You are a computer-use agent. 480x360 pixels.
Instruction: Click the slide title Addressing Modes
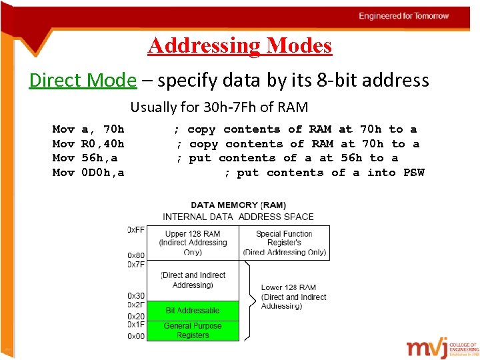point(239,45)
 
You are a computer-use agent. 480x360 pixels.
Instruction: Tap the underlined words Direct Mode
point(82,81)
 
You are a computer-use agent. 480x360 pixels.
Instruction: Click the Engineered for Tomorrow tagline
point(404,16)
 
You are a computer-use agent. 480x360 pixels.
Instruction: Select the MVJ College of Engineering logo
point(442,348)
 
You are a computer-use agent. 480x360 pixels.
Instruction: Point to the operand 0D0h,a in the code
point(103,173)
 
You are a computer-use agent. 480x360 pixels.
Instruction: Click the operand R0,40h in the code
point(103,144)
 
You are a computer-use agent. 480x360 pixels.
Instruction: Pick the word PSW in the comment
point(413,173)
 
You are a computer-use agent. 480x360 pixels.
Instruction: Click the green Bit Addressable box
point(192,311)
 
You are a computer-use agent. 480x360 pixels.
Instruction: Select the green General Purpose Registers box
point(192,331)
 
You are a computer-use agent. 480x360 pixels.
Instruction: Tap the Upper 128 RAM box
point(192,243)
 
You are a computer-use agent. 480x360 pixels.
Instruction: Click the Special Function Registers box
point(284,243)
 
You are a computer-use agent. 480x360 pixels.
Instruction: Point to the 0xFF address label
point(136,230)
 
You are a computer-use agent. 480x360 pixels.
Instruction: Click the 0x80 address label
point(136,255)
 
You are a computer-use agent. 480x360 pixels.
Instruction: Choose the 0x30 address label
point(136,295)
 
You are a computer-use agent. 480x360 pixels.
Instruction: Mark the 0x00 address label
point(136,336)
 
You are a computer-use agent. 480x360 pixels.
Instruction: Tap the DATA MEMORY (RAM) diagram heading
point(238,205)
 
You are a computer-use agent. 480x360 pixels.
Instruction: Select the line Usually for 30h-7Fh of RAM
point(219,107)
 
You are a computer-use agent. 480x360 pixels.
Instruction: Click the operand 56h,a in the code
point(99,158)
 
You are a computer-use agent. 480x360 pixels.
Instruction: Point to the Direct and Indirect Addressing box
point(192,280)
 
